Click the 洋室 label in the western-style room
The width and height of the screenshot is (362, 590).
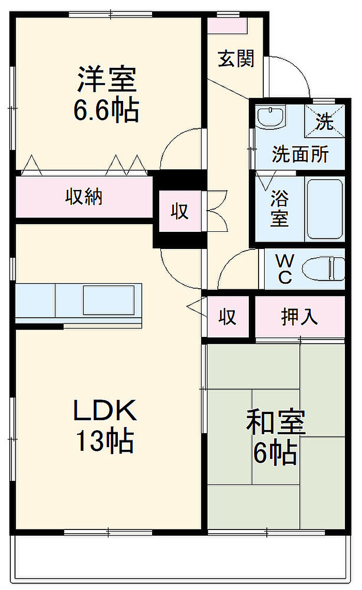pos(107,79)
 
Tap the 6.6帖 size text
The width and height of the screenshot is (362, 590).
pos(107,110)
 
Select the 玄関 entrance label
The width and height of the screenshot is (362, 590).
pos(236,58)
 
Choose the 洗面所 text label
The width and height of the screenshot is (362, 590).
pos(300,154)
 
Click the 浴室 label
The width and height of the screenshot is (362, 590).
pos(279,209)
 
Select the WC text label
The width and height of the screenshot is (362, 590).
pos(285,269)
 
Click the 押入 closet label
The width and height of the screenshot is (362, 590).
pos(299,316)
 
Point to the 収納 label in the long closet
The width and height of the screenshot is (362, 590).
pos(84,197)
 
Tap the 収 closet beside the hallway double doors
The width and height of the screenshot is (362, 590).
pos(179,211)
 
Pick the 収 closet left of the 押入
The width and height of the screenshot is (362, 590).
pos(228,316)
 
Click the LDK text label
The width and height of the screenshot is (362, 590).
pos(104,410)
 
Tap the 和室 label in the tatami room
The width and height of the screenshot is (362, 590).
pos(276,422)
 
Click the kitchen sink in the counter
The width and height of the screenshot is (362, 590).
pos(109,300)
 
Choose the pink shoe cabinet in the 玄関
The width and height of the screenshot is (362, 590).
pos(228,25)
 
